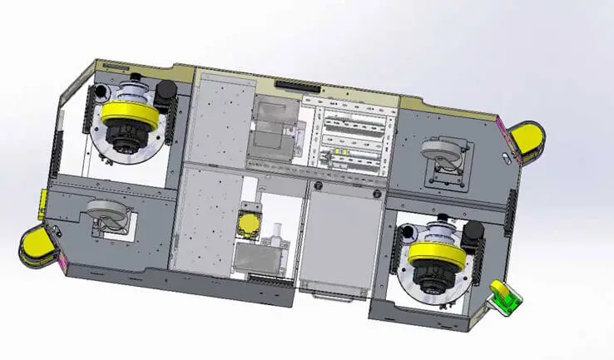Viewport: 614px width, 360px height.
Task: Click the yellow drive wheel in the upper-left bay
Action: [129, 112]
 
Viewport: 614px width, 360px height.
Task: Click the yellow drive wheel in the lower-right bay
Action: [434, 249]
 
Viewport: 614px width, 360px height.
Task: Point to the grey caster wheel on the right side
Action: [440, 154]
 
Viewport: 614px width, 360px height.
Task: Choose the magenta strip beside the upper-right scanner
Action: [502, 132]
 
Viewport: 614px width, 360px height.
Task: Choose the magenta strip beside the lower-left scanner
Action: [59, 263]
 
